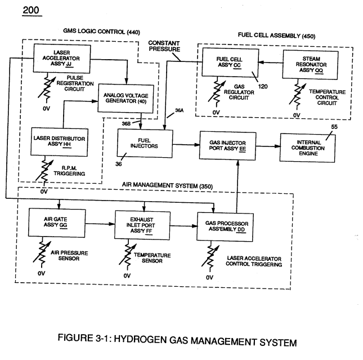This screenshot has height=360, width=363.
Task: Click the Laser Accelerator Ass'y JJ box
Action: point(62,59)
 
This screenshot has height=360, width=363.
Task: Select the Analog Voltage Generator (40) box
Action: point(126,98)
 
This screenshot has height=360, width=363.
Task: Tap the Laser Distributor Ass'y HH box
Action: point(59,141)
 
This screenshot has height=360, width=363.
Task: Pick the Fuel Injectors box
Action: point(145,143)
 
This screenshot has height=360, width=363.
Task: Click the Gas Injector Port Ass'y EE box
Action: point(227,146)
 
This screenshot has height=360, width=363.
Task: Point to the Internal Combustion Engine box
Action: point(308,148)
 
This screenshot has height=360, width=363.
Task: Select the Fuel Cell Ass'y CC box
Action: point(230,63)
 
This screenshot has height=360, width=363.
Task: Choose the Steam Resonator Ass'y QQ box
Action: point(310,65)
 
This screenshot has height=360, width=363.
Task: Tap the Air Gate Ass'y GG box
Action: point(57,223)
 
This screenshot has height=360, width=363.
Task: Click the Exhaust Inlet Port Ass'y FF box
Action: point(142,225)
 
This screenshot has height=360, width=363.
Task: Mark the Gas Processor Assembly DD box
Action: point(225,227)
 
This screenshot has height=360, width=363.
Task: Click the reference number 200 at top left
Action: point(32,10)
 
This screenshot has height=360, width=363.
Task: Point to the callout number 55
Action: point(334,127)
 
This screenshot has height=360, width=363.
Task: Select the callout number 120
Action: point(263,86)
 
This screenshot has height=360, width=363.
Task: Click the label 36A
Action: point(179,110)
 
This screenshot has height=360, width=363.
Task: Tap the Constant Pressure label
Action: point(164,46)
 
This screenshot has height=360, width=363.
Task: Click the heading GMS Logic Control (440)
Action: point(101,32)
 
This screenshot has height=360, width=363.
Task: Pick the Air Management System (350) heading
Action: point(167,185)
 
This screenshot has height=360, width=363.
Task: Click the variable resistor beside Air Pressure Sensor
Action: point(42,252)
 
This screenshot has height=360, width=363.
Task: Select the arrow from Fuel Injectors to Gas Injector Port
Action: point(186,145)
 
